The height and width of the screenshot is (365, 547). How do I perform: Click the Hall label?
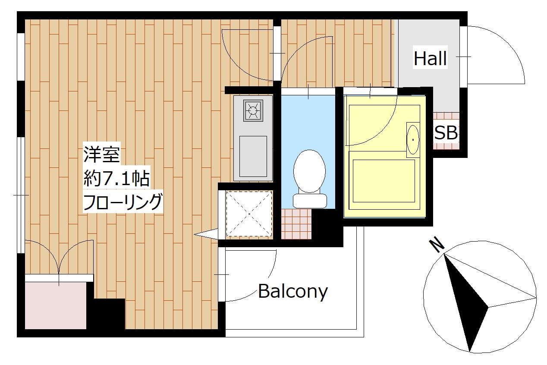coord(430,58)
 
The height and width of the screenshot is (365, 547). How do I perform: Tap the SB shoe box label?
coord(446,132)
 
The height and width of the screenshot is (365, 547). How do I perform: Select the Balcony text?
coord(293,292)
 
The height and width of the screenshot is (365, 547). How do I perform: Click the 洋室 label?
coord(101,154)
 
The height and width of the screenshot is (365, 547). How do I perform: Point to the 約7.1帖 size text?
coord(116,179)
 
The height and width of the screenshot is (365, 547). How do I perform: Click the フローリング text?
coord(123,201)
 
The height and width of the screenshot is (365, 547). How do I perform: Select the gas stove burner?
coord(253,110)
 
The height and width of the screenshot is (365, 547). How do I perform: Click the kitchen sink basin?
coord(253,156)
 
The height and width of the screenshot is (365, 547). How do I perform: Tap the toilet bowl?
coord(309,171)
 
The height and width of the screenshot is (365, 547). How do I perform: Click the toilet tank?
coord(310,201)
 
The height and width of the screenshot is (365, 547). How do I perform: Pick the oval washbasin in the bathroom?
coord(413,140)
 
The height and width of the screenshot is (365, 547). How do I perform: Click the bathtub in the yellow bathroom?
coord(384,181)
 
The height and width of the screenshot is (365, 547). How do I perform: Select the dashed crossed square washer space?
coord(249,214)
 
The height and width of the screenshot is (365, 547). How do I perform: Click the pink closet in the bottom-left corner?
coord(56,305)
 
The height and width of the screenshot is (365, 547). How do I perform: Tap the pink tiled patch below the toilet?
coord(296,224)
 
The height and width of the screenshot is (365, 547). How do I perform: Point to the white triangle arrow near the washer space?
coord(206,234)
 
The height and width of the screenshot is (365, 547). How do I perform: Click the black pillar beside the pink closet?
coord(106,314)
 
